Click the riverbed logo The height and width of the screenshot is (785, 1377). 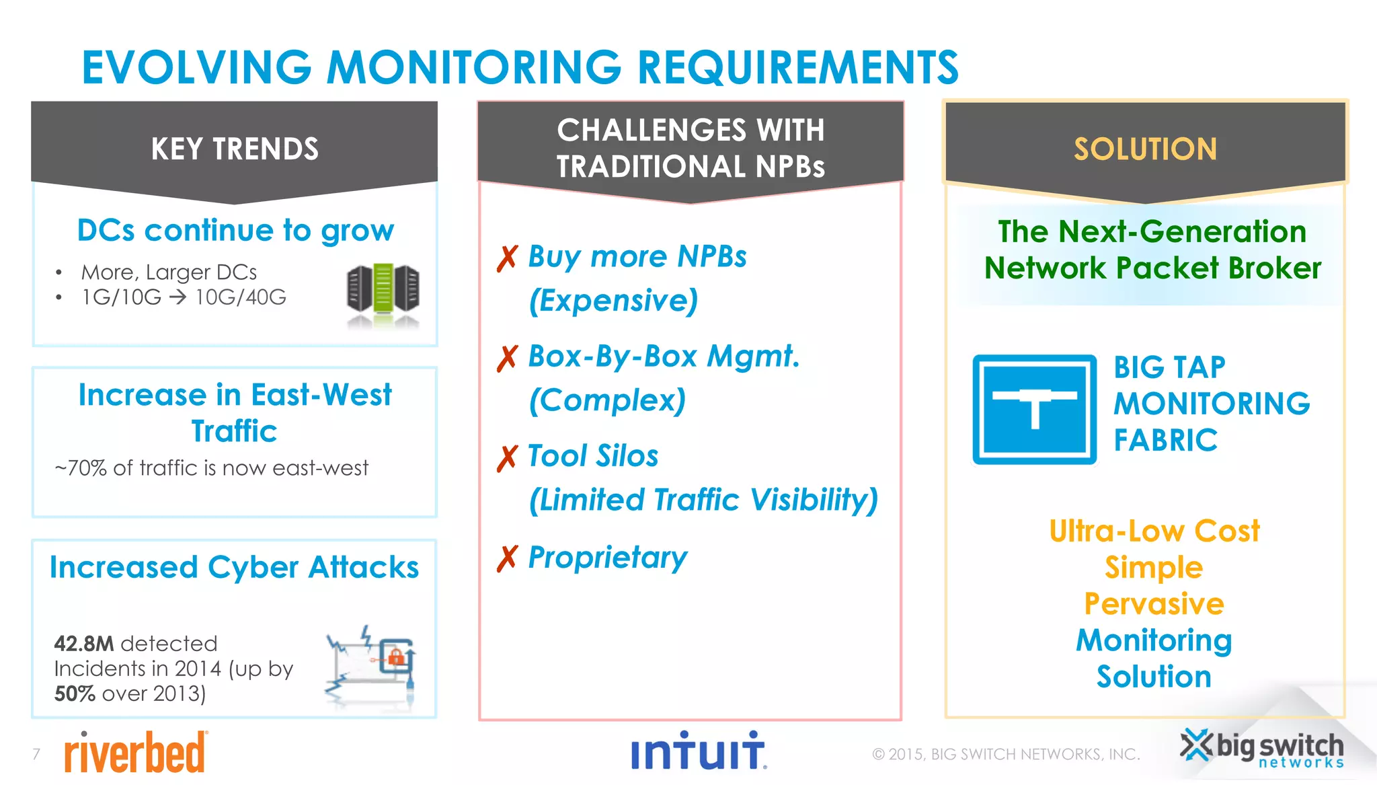[x=135, y=753]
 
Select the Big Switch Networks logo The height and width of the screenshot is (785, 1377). [x=1262, y=749]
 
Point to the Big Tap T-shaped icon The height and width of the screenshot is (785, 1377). [x=1034, y=409]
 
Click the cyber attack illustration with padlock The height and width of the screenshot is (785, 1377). [x=371, y=665]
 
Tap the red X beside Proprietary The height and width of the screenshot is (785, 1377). [x=508, y=558]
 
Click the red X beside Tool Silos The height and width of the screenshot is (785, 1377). [x=508, y=458]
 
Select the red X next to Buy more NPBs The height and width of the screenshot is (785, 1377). [x=508, y=258]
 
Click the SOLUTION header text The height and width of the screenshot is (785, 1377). [x=1145, y=149]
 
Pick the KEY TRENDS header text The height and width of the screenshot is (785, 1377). [x=235, y=149]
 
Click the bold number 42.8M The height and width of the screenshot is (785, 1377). [x=84, y=644]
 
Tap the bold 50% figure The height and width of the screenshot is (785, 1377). [x=75, y=694]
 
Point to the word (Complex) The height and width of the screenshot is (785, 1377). [x=607, y=400]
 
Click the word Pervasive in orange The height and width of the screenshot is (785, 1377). [x=1154, y=603]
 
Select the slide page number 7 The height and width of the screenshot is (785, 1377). [x=36, y=753]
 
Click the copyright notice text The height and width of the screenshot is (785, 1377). [x=1006, y=754]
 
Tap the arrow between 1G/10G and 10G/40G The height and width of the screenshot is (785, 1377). [x=178, y=297]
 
